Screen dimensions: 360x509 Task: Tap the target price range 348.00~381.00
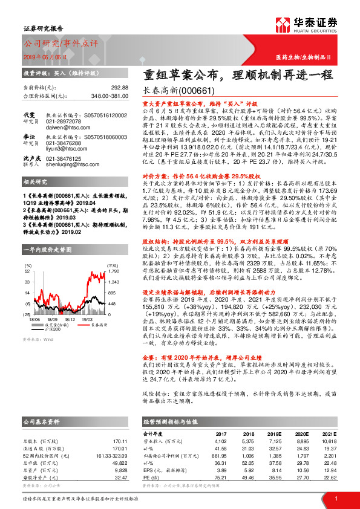[x=106, y=96]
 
